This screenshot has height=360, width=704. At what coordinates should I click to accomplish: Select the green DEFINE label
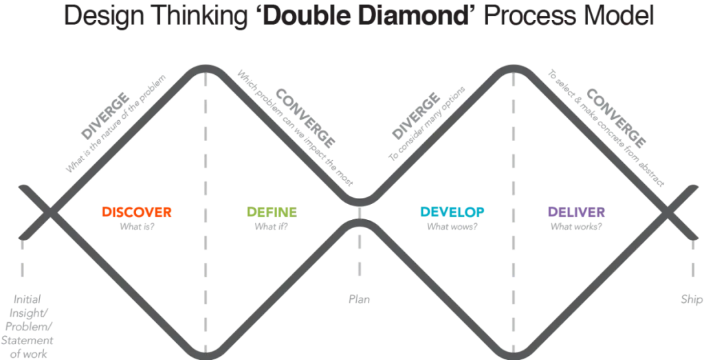point(269,211)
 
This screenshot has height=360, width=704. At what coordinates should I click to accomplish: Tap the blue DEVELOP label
point(452,211)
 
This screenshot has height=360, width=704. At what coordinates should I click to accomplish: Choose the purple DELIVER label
point(576,211)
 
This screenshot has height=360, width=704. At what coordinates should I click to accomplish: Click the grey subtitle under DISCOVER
point(137,224)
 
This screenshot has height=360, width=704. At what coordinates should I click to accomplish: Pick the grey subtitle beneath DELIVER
point(576,224)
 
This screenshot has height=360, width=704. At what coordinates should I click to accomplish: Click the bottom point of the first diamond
point(204,352)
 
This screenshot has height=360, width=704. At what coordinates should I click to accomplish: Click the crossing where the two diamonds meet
point(359,210)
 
